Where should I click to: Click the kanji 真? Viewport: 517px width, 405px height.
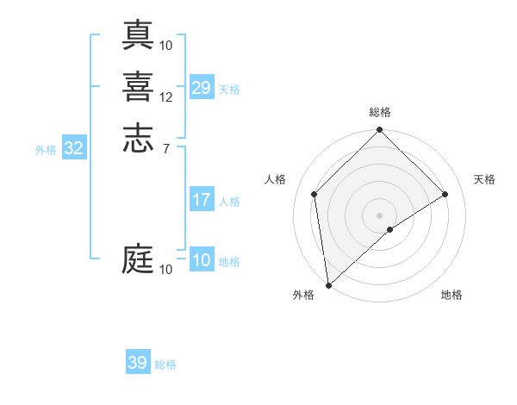[x=138, y=35]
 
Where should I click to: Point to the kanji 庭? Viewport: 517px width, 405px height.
[x=138, y=259]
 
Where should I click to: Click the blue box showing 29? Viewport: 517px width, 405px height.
[x=202, y=88]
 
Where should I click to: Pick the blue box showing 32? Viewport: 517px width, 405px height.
[x=74, y=148]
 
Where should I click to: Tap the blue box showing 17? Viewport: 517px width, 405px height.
[x=202, y=201]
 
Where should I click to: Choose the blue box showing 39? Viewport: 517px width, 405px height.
[x=138, y=363]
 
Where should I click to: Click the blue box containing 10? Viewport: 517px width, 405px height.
[x=202, y=261]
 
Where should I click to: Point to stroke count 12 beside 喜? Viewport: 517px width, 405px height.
[x=166, y=97]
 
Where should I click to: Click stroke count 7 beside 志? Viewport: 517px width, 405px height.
[x=165, y=148]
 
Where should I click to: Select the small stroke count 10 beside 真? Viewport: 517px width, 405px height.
[x=166, y=45]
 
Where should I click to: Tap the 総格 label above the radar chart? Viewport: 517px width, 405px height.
[x=380, y=112]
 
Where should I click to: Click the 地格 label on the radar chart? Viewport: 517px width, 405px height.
[x=452, y=295]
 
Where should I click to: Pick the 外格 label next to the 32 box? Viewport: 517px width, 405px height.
[x=46, y=149]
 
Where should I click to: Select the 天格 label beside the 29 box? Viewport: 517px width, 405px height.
[x=229, y=89]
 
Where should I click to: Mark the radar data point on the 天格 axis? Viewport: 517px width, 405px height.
[x=445, y=194]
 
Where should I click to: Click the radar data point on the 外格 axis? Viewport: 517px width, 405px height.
[x=327, y=285]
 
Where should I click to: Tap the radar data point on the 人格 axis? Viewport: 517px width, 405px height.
[x=315, y=194]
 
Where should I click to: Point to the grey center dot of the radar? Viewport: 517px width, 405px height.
[x=380, y=215]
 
